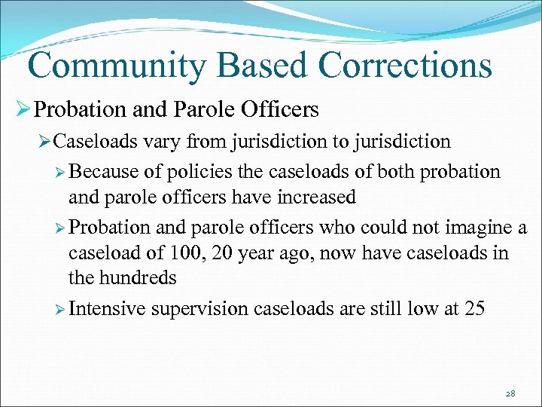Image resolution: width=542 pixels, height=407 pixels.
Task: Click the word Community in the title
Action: click(x=114, y=66)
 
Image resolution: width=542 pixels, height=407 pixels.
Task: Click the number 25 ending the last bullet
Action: click(x=474, y=308)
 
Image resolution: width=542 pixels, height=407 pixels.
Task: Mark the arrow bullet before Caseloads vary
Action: click(x=44, y=142)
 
